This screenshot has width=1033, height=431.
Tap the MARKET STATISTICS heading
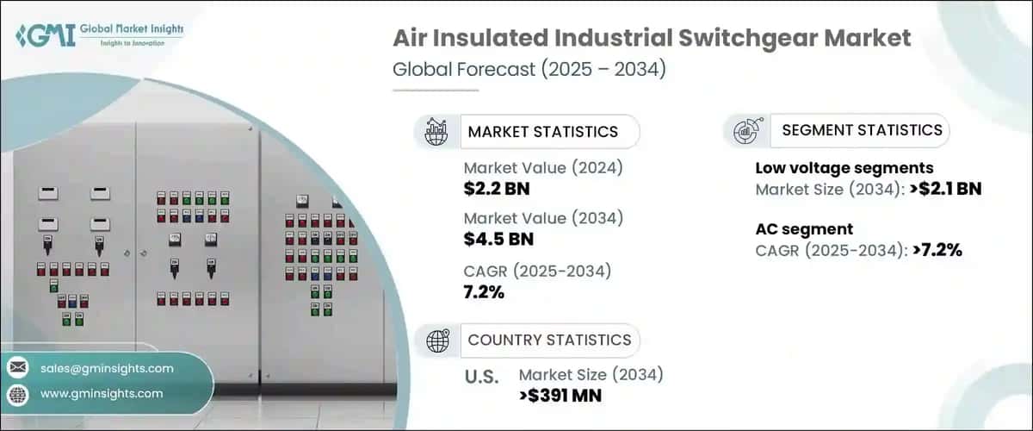coord(542,132)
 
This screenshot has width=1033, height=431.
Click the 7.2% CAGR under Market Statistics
coord(484,292)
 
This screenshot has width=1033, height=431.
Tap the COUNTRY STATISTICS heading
coord(549,340)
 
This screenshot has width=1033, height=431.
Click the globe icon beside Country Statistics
coord(437,340)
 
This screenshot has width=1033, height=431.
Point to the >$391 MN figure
coord(560,396)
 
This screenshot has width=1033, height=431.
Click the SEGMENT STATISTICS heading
coord(861,130)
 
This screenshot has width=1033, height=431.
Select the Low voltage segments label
coord(844,168)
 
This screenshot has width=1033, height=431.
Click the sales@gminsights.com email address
coord(107,368)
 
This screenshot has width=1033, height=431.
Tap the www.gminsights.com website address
coord(101,394)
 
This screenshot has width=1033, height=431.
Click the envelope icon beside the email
coord(18,368)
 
